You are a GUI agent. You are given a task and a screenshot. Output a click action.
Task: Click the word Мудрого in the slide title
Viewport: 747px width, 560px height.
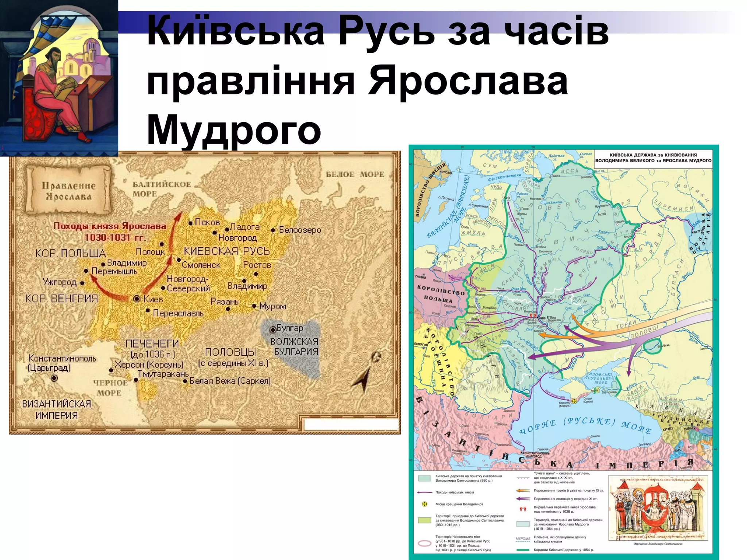tap(233, 130)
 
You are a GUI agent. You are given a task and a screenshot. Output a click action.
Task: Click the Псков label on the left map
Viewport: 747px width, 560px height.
tap(207, 222)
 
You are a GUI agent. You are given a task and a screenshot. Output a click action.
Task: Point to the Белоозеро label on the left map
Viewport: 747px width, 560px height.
tap(300, 230)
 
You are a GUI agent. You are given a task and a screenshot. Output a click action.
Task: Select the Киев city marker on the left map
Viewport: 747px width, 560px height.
tap(137, 299)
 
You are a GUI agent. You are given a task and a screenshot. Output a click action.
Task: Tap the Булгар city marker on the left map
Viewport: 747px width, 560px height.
tap(272, 330)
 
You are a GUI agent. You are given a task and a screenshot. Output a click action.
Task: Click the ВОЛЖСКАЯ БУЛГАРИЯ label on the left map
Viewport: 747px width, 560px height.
tap(294, 347)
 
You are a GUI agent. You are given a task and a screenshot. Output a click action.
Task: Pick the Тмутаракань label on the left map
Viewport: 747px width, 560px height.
tap(163, 374)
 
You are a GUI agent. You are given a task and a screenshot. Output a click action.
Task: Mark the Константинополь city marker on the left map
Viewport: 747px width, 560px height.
tap(54, 378)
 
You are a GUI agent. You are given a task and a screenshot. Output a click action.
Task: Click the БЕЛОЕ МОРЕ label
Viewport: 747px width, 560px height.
tap(355, 175)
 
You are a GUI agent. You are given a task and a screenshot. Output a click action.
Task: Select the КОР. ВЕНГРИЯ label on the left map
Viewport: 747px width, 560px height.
tap(61, 299)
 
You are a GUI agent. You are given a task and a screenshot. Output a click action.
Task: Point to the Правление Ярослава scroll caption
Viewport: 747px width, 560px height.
tap(68, 191)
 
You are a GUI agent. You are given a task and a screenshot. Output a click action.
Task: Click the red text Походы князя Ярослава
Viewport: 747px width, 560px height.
tap(110, 226)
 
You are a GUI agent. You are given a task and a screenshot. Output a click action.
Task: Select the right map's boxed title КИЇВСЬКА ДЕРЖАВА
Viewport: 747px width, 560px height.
tap(653, 157)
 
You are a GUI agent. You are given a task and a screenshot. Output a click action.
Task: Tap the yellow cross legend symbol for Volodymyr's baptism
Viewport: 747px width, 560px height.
tap(425, 504)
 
